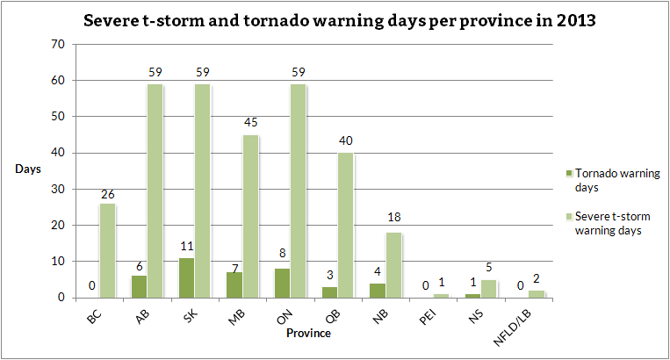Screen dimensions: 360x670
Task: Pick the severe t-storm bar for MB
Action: [251, 216]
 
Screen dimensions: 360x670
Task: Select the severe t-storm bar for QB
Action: [347, 226]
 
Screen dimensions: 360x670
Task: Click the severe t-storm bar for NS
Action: [490, 289]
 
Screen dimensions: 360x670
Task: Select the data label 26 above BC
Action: [108, 194]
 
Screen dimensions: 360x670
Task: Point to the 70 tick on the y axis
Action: [58, 44]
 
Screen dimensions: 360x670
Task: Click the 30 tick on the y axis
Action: [58, 189]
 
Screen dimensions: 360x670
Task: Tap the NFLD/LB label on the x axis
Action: [532, 319]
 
